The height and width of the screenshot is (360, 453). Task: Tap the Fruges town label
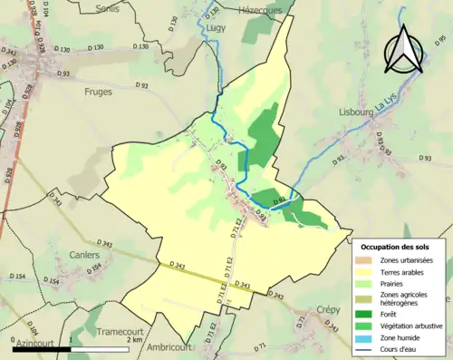[98, 92]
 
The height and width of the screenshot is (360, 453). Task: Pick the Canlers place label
[84, 256]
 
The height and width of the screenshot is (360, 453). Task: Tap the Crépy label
[328, 309]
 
